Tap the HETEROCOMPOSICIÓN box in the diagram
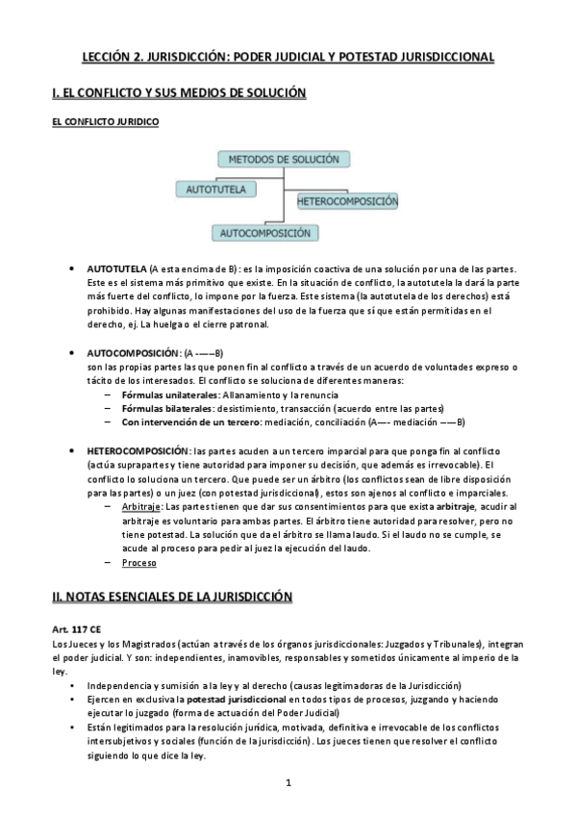347,202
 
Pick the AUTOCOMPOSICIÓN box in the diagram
264,232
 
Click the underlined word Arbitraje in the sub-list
141,507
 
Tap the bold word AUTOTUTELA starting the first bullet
116,268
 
